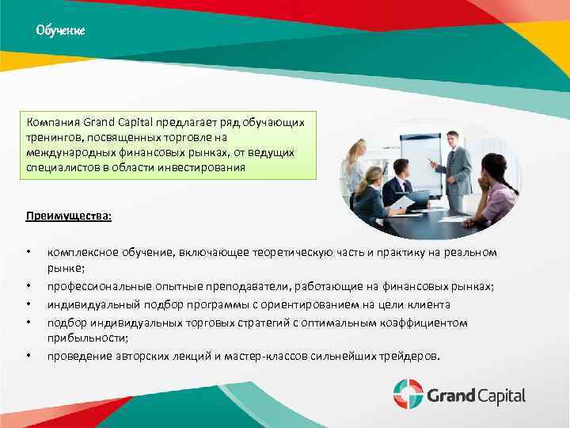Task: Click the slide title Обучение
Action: click(x=60, y=31)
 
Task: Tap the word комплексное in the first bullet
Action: click(x=83, y=252)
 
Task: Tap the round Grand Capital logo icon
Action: click(x=408, y=394)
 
